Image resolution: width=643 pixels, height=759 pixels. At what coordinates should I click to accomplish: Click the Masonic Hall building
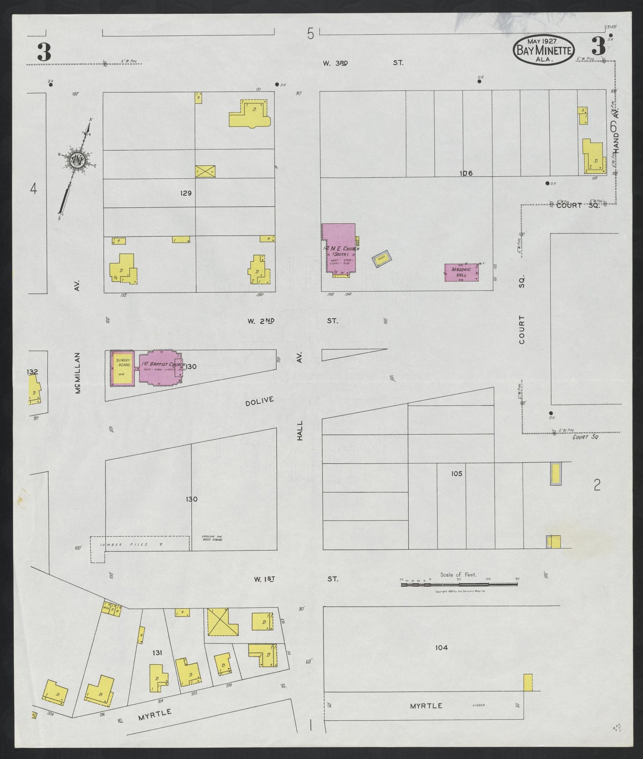462,272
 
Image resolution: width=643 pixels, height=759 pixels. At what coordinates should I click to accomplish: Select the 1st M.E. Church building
340,248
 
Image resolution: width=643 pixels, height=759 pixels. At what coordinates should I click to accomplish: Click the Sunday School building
122,368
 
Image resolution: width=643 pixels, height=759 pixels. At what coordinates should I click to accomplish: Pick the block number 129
186,193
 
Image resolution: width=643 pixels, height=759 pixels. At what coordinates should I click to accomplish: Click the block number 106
466,173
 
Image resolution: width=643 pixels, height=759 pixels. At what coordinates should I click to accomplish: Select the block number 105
457,473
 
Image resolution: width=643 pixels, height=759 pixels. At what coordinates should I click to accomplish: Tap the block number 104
441,648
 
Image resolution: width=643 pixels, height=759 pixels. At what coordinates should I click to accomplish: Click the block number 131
157,653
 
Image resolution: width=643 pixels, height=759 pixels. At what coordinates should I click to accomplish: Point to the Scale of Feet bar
459,584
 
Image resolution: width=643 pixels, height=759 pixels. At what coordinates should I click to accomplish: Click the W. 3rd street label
335,63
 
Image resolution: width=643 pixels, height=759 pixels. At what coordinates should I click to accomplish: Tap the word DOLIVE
259,403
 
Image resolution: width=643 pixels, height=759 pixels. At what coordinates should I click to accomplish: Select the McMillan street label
77,373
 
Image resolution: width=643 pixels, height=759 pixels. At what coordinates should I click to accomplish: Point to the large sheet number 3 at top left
44,53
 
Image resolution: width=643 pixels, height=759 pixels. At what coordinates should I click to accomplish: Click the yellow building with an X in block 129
206,170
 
